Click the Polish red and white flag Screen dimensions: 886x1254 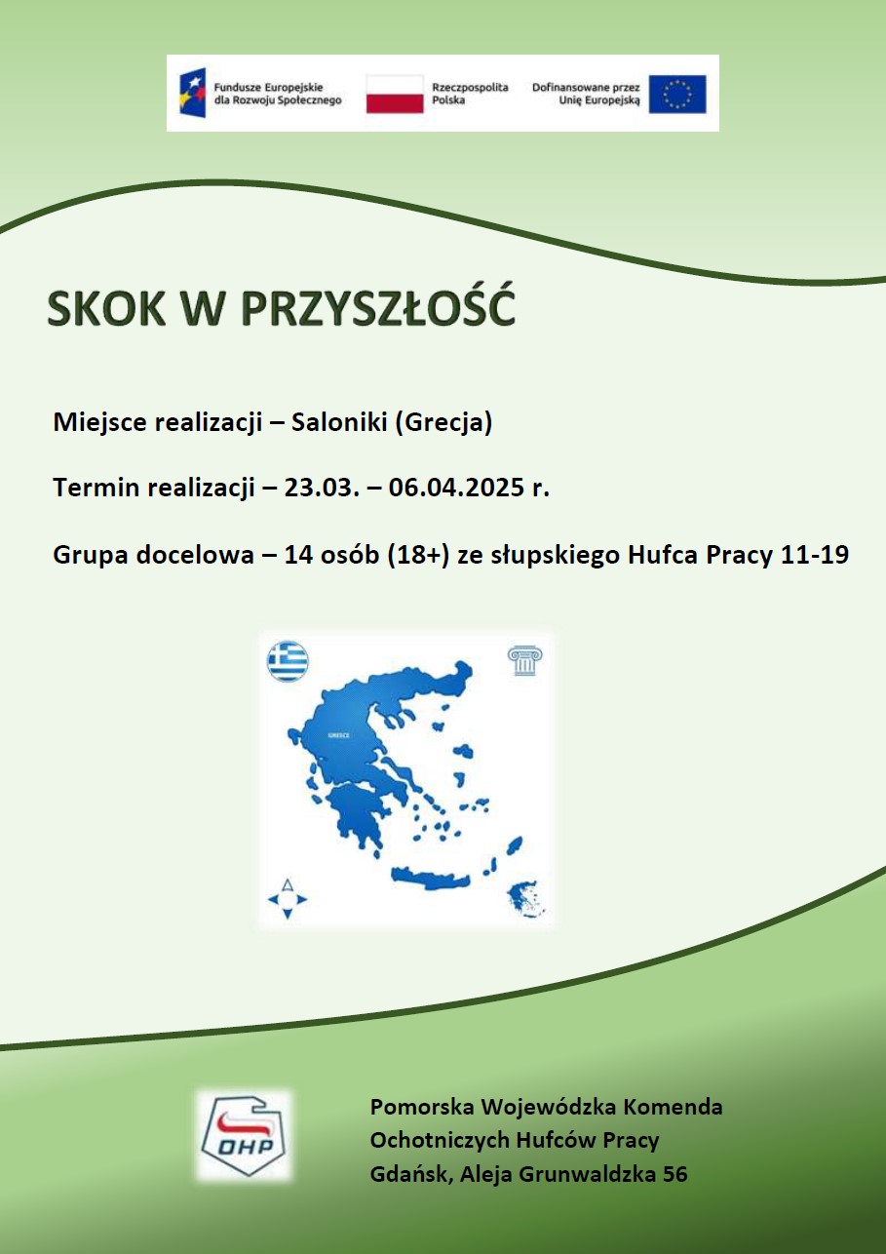395,94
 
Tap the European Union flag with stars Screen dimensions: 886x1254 677,94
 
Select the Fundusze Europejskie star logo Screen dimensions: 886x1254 193,93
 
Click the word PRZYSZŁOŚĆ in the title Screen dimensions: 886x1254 378,307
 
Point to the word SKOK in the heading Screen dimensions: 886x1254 106,308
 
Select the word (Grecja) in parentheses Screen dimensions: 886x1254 443,422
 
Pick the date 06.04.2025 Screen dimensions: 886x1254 456,488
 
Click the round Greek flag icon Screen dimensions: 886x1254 288,661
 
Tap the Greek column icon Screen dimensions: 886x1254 525,660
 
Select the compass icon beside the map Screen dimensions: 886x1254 288,900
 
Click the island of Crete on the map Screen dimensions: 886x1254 431,878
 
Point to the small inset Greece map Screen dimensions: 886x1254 525,898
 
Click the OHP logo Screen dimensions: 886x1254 244,1135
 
